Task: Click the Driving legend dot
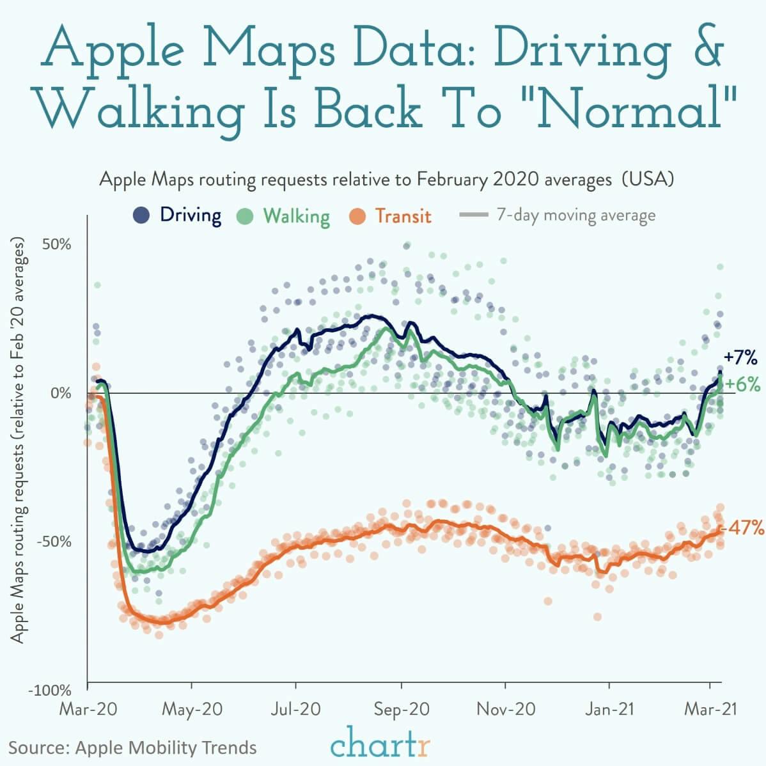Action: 141,215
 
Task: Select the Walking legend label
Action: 297,216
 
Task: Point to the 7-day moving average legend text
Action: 575,215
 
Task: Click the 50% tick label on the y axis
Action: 58,245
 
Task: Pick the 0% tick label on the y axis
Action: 61,393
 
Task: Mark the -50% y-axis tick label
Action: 55,542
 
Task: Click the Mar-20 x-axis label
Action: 88,710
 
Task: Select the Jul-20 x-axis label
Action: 296,710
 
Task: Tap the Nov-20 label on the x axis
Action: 505,710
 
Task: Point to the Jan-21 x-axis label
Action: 609,710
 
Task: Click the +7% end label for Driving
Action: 740,357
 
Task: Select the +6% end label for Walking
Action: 742,384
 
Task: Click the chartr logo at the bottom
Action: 380,744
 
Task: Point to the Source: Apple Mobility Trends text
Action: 133,747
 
